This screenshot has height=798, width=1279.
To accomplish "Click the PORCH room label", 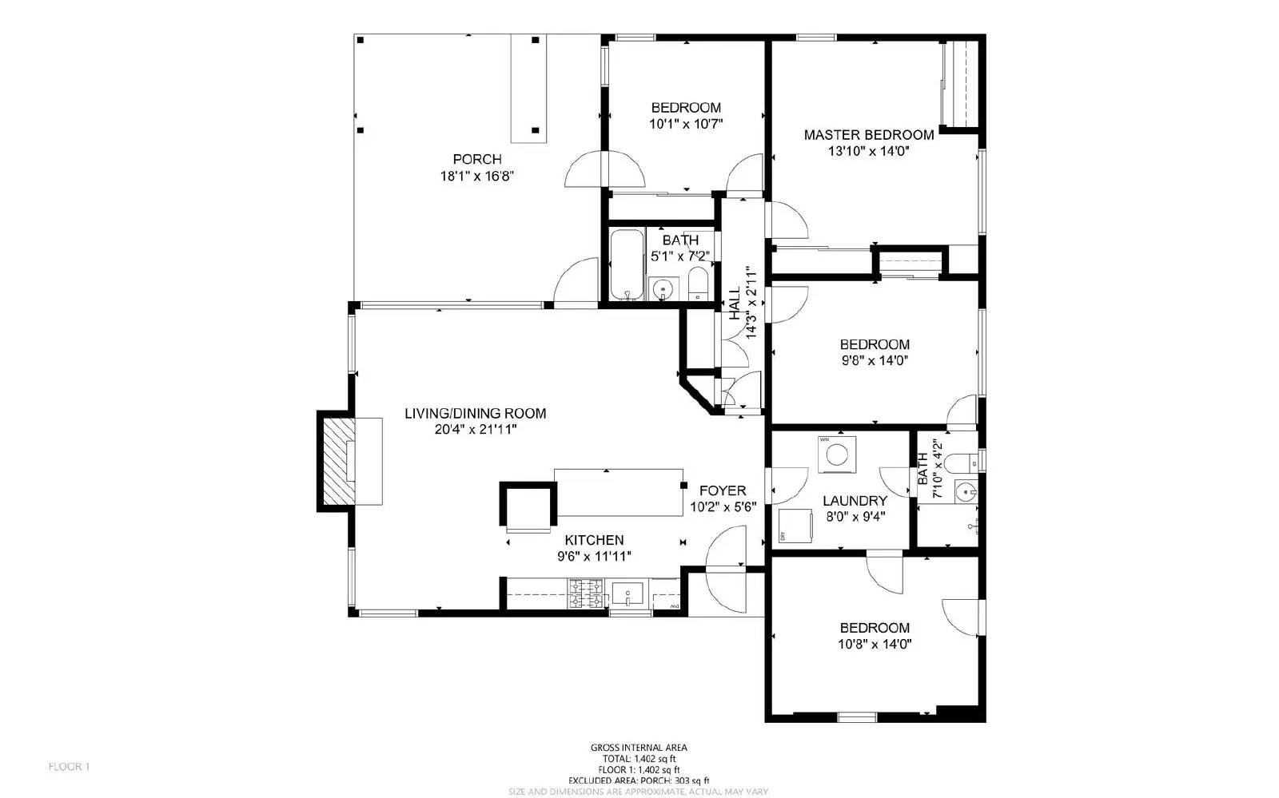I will coord(477,160).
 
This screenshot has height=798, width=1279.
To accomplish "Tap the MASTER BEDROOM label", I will coord(869,135).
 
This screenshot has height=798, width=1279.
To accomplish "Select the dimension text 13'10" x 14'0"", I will coord(869,151).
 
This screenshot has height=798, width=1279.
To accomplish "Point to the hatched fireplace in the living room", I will coord(337,461).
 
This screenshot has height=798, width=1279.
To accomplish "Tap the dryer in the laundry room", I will coord(795,525).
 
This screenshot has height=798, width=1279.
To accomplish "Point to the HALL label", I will coord(734,304).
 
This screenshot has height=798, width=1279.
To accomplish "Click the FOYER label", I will coord(723,490).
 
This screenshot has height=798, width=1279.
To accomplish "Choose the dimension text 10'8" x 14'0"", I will coord(875,644).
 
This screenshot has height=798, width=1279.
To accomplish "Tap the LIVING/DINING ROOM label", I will coord(475,414).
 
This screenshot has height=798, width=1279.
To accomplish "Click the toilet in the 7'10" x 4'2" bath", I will coord(970,461).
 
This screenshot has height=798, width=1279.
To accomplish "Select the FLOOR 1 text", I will coord(69,767).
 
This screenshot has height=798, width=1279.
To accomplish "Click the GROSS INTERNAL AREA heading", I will coord(639,748).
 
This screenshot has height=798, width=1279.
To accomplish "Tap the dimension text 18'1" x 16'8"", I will coord(476,176).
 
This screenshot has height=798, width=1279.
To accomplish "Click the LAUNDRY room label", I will coord(855,501).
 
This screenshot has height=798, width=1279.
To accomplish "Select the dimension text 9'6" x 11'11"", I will coord(594,557).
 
